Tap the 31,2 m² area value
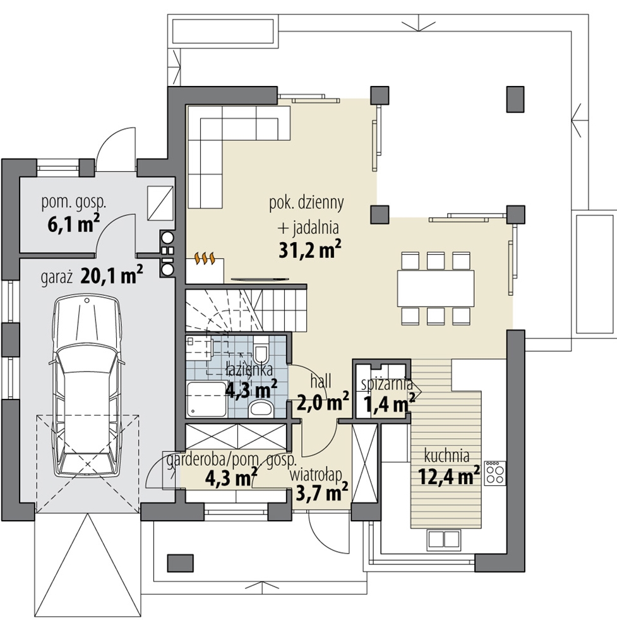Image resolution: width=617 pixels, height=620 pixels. point(310,250)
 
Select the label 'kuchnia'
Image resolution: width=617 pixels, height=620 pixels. point(446,456)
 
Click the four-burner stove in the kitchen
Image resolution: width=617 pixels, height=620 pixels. point(495,473)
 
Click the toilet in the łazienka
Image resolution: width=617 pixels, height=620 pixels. point(261,350)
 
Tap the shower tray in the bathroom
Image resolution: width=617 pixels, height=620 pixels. point(207,399)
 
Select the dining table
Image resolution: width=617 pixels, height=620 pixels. point(436,288)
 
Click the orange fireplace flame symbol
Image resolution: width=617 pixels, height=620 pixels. point(205,258)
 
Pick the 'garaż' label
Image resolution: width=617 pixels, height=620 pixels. point(56,277)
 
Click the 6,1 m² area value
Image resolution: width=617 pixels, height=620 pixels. point(73,224)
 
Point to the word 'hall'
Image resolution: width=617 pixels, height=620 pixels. point(320,382)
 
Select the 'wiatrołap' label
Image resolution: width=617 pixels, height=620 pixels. point(316,475)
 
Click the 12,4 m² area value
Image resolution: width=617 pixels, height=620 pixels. point(449,476)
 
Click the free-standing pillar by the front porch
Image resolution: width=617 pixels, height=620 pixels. point(181,563)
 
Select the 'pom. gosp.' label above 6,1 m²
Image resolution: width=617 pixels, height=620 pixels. point(74,202)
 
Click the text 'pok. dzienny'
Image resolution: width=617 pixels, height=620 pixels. point(306,204)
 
